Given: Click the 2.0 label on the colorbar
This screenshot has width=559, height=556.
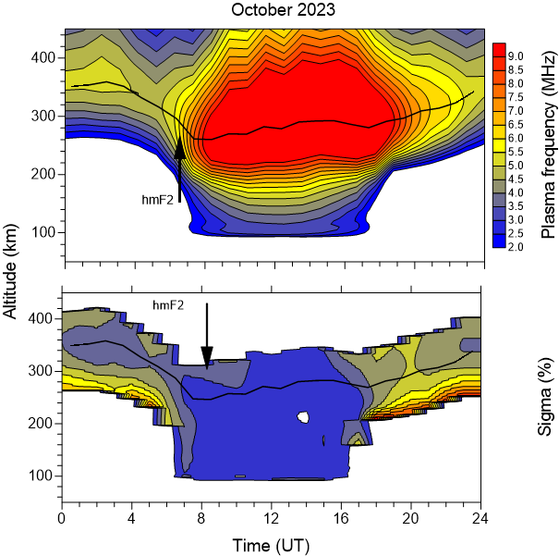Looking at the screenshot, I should [x=518, y=248].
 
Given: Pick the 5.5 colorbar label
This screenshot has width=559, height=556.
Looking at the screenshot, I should [x=518, y=151].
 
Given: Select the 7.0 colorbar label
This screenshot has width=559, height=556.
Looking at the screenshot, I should [x=518, y=110].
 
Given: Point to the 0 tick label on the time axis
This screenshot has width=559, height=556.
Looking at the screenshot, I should [x=62, y=516].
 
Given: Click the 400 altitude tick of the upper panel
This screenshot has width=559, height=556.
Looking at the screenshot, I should [x=43, y=57].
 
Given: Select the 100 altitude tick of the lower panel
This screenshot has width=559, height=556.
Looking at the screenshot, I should [x=43, y=476].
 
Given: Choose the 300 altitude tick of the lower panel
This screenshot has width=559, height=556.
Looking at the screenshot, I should [x=43, y=371].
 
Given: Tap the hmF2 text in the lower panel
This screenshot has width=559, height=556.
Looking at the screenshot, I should [x=169, y=302].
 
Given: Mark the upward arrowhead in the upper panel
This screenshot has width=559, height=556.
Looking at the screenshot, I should [x=180, y=146].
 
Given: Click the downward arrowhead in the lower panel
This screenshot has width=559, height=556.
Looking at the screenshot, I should [x=207, y=356].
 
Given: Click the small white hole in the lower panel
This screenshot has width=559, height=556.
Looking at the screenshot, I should [x=302, y=418].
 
